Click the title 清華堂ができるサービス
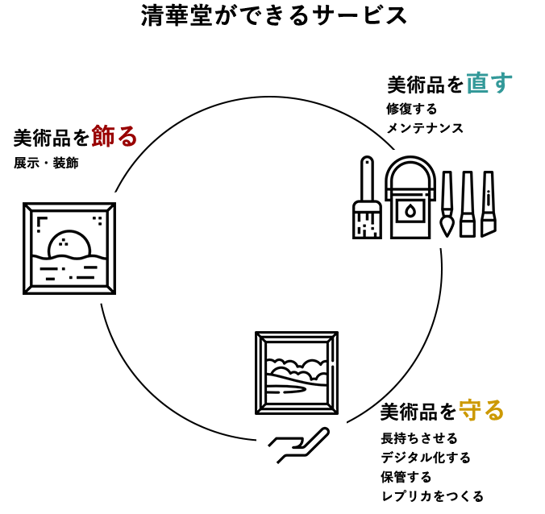[x=274, y=15]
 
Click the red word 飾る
[x=114, y=135]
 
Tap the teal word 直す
[x=489, y=82]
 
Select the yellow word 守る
[x=481, y=410]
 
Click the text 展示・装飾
[x=46, y=163]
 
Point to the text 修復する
[x=411, y=109]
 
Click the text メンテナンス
[x=425, y=128]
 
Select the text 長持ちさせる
[x=419, y=438]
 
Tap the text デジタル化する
[x=426, y=458]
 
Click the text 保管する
[x=406, y=477]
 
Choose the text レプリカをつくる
[x=432, y=496]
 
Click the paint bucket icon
[x=410, y=205]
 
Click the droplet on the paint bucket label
[x=410, y=211]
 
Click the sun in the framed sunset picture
[x=68, y=244]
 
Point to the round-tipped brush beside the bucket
[x=447, y=205]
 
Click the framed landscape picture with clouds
[x=296, y=372]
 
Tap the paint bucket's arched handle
[x=410, y=169]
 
